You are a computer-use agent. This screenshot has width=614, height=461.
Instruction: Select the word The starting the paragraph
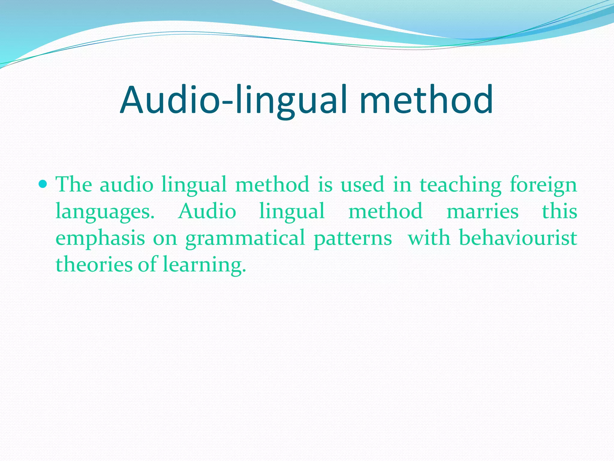(x=74, y=184)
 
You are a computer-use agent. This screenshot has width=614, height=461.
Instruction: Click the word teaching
(x=460, y=185)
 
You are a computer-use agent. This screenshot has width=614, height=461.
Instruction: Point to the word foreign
(x=543, y=185)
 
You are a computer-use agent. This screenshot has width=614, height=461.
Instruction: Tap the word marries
(x=482, y=211)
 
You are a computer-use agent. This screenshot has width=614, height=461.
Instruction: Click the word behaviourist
(x=518, y=238)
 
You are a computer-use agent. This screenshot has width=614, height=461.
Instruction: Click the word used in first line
(x=362, y=184)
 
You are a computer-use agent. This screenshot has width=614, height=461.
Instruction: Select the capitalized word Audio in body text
(x=207, y=211)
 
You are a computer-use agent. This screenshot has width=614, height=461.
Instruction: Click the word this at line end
(x=559, y=211)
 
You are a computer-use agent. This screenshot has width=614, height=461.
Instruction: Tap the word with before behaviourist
(x=429, y=238)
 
